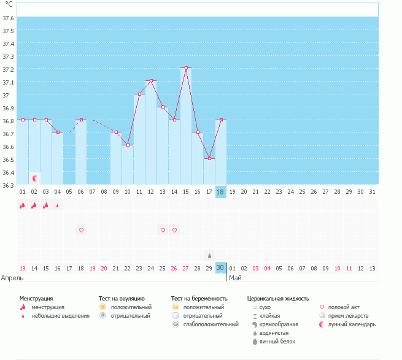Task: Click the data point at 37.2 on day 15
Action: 186,68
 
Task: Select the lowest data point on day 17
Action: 209,159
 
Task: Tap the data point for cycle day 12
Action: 151,81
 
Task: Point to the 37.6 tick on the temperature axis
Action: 8,18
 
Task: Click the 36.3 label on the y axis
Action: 8,185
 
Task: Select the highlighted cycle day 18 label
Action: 220,192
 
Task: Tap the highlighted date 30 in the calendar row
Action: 220,268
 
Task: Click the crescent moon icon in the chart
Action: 35,178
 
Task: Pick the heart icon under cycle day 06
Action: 81,230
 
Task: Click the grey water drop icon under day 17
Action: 209,256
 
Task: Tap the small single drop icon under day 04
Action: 58,205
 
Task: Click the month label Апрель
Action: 12,278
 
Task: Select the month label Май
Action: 235,278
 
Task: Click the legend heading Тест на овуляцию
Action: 122,299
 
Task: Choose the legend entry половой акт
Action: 344,307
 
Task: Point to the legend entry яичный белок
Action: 277,342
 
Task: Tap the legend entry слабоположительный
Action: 211,324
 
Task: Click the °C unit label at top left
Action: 9,4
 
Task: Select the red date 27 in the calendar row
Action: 185,268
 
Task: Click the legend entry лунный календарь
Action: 352,324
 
